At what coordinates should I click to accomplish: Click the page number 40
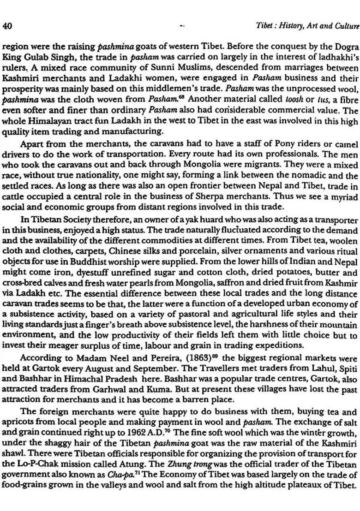7,26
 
